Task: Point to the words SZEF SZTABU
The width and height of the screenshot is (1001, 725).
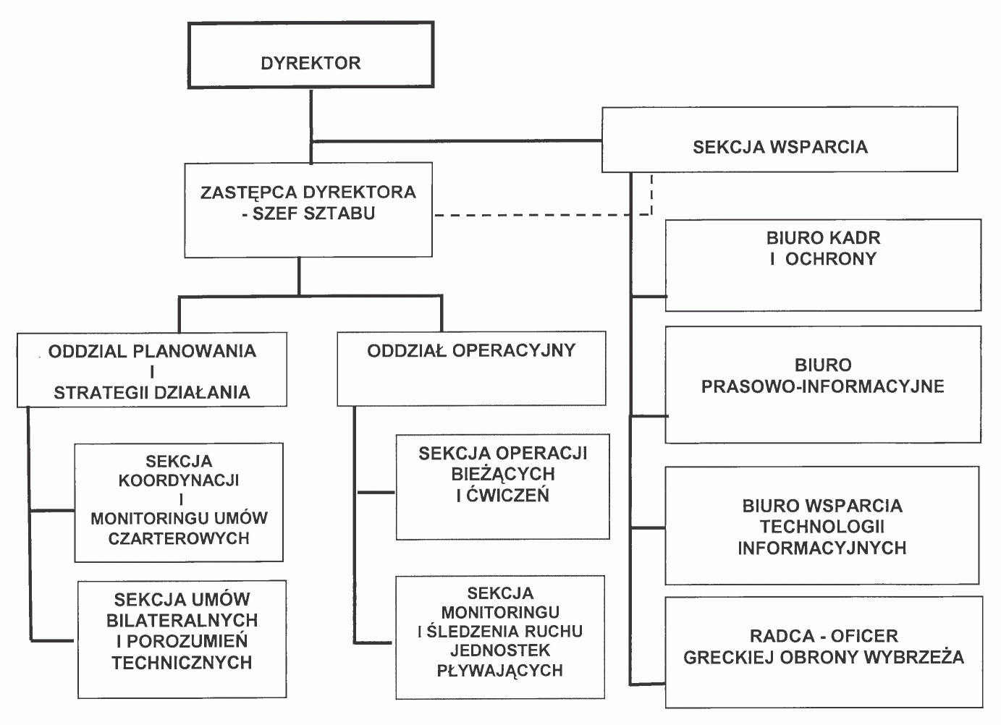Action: click(313, 213)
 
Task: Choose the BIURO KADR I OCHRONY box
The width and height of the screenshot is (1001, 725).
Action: click(823, 265)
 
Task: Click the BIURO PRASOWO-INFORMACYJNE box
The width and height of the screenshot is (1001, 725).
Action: click(822, 384)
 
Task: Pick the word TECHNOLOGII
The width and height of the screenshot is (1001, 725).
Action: click(822, 527)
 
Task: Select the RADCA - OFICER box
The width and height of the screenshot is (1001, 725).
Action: click(824, 651)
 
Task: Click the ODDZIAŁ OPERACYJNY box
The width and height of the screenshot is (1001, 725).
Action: click(471, 368)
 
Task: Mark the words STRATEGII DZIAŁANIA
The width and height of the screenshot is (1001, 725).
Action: click(152, 393)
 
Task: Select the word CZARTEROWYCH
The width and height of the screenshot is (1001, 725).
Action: click(179, 538)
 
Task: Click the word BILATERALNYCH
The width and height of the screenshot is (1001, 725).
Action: click(182, 621)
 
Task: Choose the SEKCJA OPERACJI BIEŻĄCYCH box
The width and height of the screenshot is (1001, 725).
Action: click(502, 486)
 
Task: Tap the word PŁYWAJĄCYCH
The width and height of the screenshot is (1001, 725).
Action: click(500, 670)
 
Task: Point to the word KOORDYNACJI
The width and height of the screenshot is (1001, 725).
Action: click(179, 480)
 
